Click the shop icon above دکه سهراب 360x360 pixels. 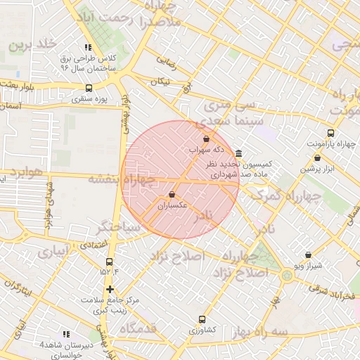point(206,139)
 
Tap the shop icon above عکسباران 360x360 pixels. point(172,195)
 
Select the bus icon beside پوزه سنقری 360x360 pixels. point(88,89)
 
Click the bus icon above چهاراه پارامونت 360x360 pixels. point(330,133)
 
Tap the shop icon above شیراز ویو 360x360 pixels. point(307,255)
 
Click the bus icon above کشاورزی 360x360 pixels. point(202,319)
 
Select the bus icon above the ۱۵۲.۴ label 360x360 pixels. point(108,263)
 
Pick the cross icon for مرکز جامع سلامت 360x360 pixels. point(109,289)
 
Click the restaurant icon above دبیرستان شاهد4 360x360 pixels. point(65,334)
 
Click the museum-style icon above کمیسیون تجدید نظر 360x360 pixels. point(239,153)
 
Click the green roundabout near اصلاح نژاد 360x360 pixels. point(287,276)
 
